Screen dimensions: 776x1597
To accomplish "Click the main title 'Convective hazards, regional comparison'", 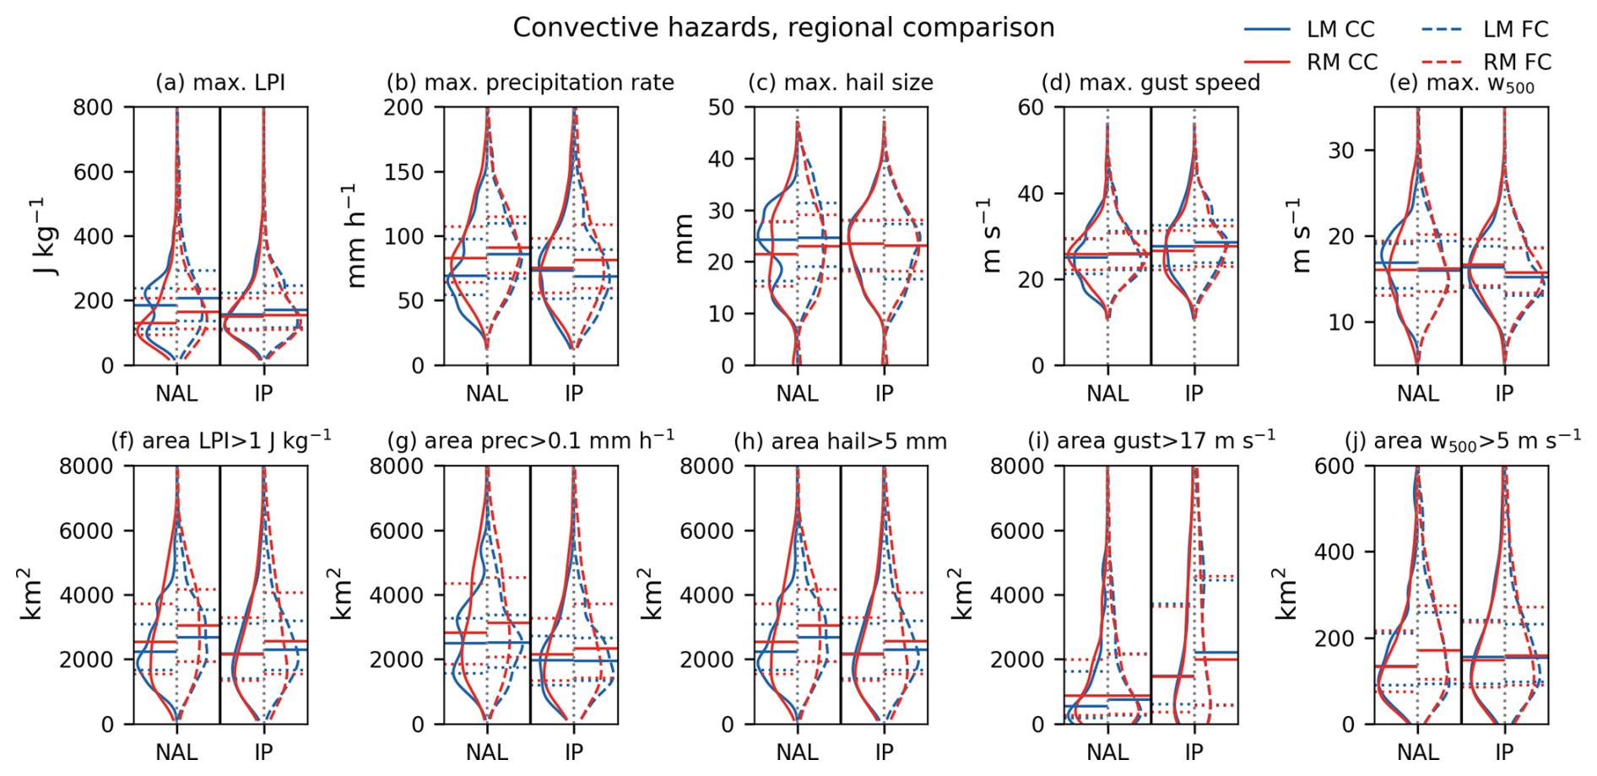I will pyautogui.click(x=783, y=28).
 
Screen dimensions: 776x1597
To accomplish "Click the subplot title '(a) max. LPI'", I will pyautogui.click(x=220, y=83).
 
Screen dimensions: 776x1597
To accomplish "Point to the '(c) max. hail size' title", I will pyautogui.click(x=841, y=83).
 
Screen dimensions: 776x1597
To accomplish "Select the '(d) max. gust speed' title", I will pyautogui.click(x=1150, y=83).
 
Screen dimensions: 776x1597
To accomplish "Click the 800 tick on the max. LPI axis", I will pyautogui.click(x=94, y=107).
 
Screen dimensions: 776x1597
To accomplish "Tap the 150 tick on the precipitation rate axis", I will pyautogui.click(x=403, y=172).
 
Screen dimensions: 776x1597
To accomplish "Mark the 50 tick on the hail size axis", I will pyautogui.click(x=721, y=107).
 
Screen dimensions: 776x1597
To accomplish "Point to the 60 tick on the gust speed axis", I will pyautogui.click(x=1031, y=107).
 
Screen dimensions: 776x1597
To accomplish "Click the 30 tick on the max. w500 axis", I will pyautogui.click(x=1341, y=151).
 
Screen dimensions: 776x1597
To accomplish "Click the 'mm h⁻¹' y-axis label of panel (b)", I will pyautogui.click(x=355, y=236).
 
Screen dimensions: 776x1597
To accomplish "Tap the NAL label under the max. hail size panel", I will pyautogui.click(x=797, y=393).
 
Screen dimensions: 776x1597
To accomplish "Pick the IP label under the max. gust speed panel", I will pyautogui.click(x=1194, y=393).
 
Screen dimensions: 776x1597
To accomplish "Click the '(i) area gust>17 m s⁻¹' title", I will pyautogui.click(x=1151, y=440).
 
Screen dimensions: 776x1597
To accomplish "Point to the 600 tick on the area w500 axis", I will pyautogui.click(x=1334, y=466).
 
